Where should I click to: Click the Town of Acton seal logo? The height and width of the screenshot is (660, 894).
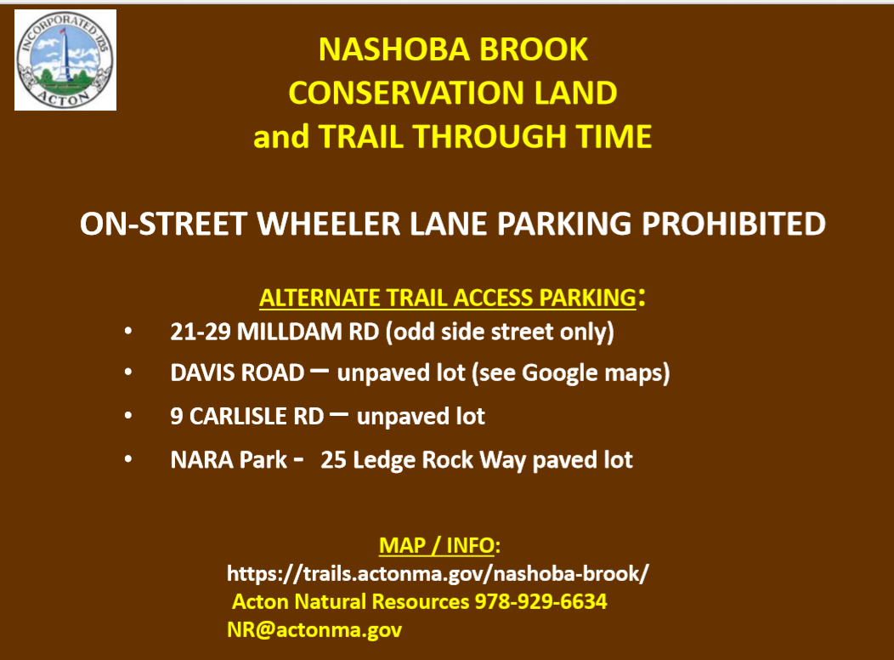point(65,60)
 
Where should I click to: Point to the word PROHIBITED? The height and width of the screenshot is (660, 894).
point(733,224)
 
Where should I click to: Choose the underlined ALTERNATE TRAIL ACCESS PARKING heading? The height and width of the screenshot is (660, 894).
point(448,298)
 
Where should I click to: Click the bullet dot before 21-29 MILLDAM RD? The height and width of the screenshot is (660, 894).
point(128,331)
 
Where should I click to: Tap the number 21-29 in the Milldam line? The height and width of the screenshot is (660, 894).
point(200,332)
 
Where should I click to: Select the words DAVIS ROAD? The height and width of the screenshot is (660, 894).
point(237,373)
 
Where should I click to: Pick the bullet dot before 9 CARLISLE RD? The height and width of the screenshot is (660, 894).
point(128,416)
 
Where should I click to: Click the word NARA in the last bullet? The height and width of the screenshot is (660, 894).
point(201,460)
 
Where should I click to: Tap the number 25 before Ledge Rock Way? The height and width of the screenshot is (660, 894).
point(333,460)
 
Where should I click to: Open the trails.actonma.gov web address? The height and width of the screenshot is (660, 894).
point(438,574)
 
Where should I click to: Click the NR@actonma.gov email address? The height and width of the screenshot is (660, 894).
point(314,629)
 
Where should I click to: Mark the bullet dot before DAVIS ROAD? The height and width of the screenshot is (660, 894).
point(128,373)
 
